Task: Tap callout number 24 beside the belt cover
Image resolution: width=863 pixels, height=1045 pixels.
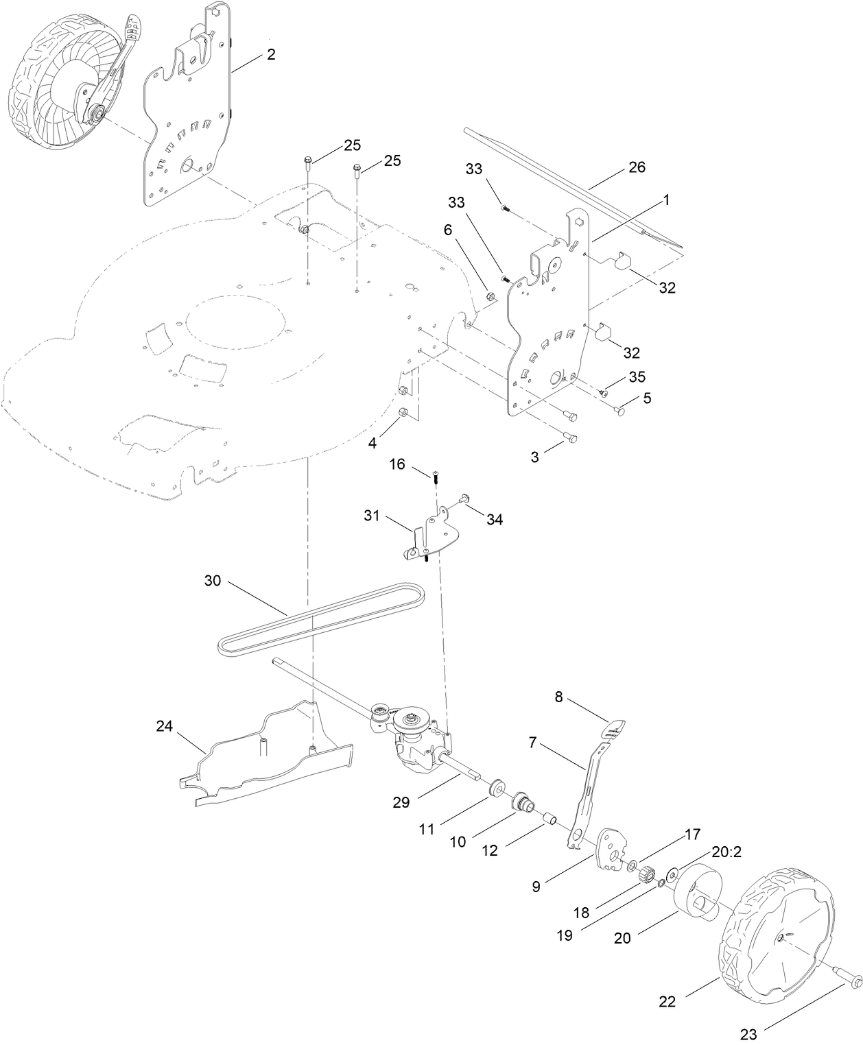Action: point(164,726)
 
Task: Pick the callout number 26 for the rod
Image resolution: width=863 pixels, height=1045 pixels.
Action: point(637,167)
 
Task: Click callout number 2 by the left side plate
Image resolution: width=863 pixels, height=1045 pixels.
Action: point(271,55)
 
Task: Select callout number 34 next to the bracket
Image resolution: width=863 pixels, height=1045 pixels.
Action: point(494,520)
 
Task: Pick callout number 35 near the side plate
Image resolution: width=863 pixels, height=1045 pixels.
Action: point(637,378)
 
